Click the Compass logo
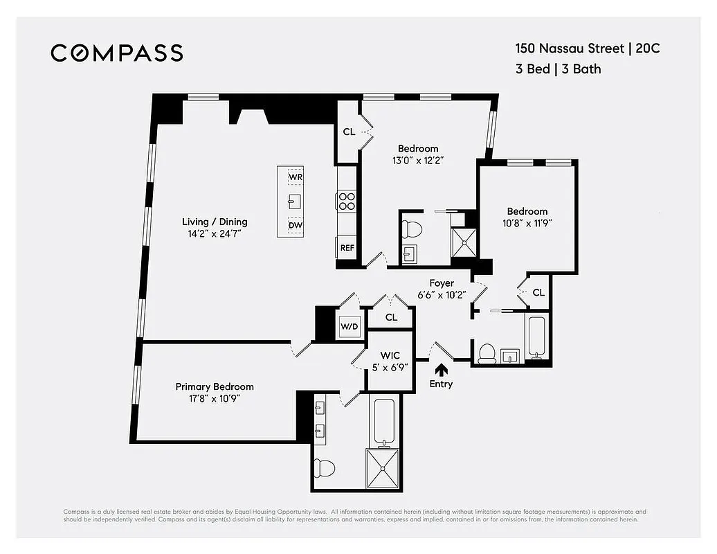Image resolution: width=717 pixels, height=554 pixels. click(117, 53)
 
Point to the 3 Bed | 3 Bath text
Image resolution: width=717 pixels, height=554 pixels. click(558, 69)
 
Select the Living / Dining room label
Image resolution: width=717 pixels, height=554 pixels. click(215, 222)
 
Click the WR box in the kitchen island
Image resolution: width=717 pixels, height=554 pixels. click(296, 177)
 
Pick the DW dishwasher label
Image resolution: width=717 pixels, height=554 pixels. click(296, 225)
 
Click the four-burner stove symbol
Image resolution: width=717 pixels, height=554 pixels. click(347, 202)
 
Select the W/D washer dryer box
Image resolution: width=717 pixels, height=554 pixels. click(348, 327)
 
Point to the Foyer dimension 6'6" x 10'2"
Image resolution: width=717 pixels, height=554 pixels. click(442, 294)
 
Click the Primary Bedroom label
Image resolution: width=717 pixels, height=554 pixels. click(215, 386)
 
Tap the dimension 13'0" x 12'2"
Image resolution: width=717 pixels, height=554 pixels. click(418, 160)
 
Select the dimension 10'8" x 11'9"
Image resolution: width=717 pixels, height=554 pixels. click(527, 223)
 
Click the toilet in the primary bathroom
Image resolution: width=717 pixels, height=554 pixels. click(324, 468)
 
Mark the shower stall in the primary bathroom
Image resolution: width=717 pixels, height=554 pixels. click(383, 467)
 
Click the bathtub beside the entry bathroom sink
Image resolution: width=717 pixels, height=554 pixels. click(537, 337)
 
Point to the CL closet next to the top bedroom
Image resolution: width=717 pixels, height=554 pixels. click(349, 132)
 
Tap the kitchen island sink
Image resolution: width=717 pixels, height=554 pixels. click(296, 201)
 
